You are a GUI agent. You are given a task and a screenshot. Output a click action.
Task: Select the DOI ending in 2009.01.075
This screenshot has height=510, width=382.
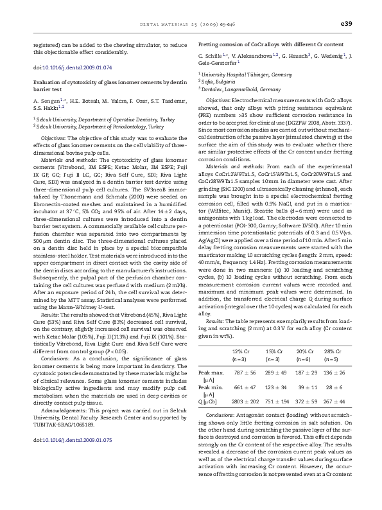[73, 439]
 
